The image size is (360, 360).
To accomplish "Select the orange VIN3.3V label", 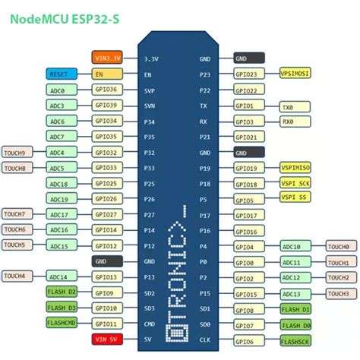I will pos(106,58).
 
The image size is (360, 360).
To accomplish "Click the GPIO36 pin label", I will pos(106,90).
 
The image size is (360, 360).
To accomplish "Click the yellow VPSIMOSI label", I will pos(299,74).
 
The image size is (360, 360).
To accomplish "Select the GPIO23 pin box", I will pos(250,74).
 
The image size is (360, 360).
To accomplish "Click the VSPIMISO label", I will pos(299,168).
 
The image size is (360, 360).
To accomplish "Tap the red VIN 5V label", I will pos(106,339).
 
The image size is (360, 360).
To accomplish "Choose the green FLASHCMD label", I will pos(62,324).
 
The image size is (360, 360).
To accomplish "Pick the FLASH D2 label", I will pos(62,292).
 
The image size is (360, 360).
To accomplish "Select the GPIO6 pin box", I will pos(250,340).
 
